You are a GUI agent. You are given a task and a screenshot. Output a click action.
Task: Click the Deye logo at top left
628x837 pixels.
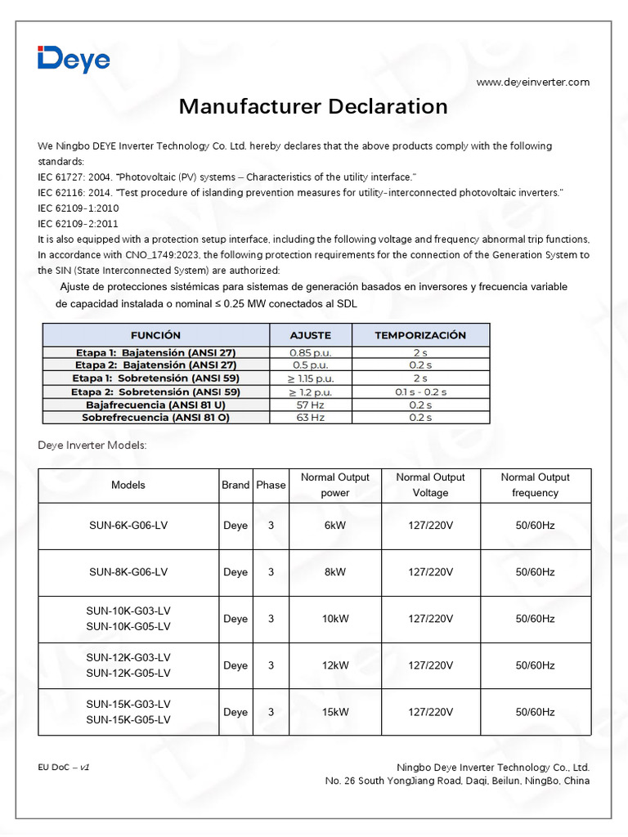74,60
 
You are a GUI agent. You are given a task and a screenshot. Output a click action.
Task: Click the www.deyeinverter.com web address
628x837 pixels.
532,82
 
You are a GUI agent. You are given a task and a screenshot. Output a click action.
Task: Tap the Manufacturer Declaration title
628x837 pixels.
313,107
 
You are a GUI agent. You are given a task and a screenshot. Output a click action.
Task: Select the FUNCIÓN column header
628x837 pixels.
155,335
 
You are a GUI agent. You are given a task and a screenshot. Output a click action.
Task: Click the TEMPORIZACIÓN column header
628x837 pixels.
420,335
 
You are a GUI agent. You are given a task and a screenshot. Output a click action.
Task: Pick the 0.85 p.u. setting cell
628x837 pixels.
310,352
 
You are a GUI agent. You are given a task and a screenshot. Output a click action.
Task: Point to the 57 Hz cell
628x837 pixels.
310,405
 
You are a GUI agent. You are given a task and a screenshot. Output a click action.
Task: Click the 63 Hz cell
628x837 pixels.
310,418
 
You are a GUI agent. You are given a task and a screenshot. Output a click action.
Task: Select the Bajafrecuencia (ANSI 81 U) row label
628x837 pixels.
155,405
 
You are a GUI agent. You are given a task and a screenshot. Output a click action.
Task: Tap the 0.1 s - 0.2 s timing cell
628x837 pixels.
420,392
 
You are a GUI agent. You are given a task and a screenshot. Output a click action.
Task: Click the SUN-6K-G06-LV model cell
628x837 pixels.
128,526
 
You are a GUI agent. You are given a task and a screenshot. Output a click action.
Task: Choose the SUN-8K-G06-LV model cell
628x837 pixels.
128,572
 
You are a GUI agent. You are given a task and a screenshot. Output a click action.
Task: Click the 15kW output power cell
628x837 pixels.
335,712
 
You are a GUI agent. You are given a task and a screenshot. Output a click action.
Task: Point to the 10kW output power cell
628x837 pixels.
335,619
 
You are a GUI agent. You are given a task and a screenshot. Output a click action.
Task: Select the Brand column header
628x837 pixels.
235,485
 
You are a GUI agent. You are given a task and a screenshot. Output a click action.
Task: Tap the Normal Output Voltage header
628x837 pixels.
430,485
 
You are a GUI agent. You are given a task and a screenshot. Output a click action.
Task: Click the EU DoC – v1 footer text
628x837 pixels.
63,768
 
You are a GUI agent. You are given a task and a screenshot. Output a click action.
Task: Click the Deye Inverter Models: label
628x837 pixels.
92,445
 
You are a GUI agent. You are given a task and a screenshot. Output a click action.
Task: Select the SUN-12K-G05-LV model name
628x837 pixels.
128,674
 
